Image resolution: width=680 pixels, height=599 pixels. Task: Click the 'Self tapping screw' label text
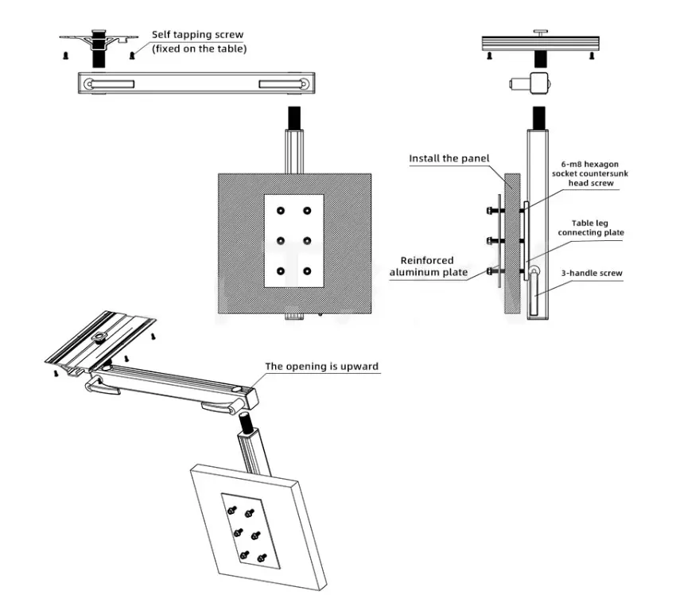click(x=197, y=35)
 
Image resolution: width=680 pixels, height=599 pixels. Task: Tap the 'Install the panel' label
click(x=449, y=158)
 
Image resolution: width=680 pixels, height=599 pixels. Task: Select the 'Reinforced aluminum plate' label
click(x=428, y=266)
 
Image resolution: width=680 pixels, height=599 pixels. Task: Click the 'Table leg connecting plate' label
click(x=591, y=228)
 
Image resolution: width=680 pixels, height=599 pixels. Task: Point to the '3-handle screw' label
click(x=592, y=273)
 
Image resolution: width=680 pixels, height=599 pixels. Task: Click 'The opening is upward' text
click(x=322, y=367)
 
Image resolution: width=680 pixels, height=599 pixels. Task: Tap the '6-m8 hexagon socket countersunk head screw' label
click(x=590, y=173)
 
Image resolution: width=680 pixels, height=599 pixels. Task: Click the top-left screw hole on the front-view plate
click(x=281, y=211)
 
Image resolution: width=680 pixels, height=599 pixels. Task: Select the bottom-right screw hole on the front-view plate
click(x=307, y=271)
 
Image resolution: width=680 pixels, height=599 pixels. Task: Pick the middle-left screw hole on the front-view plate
click(x=281, y=241)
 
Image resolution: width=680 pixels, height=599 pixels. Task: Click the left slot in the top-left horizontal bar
click(x=111, y=84)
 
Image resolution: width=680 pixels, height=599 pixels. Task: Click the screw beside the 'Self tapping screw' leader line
click(x=132, y=55)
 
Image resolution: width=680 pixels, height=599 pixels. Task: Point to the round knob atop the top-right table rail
click(x=540, y=32)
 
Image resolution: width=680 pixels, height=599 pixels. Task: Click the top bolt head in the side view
click(x=490, y=211)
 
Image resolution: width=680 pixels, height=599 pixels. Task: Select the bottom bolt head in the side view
click(x=490, y=271)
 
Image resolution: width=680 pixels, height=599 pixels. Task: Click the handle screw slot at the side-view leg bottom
click(x=534, y=293)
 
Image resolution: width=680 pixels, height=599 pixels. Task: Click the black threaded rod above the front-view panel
click(x=294, y=117)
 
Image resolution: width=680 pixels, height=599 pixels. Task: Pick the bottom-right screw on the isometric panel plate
click(x=262, y=558)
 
